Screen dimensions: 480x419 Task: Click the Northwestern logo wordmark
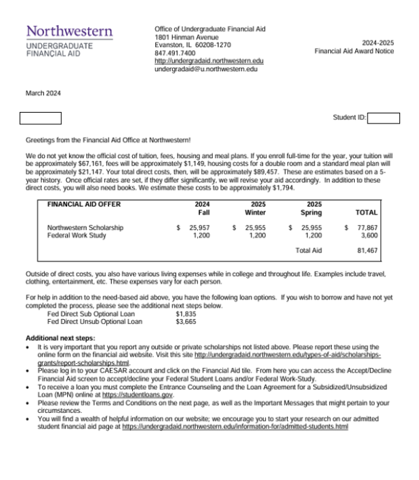(69, 33)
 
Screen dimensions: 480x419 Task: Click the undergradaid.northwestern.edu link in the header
(209, 60)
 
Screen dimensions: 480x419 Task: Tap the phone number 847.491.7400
(175, 52)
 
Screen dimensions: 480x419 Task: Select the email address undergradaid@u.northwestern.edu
(206, 69)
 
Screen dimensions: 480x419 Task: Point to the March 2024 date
(43, 93)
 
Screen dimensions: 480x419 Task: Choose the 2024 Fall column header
(202, 208)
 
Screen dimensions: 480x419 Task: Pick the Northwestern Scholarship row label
(85, 227)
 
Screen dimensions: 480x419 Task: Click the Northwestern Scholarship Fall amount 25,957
(197, 227)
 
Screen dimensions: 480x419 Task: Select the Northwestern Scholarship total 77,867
(366, 227)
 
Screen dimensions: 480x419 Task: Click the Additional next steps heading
(59, 337)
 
